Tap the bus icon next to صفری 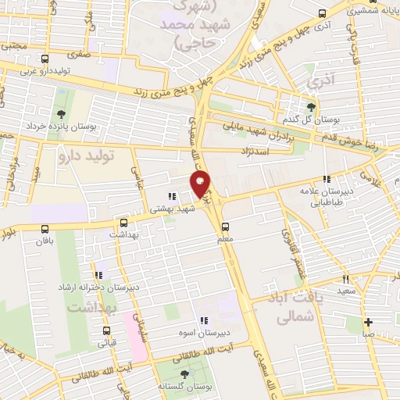(x=45, y=59)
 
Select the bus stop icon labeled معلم (x=225, y=227)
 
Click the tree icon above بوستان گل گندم (x=312, y=107)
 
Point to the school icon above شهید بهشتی (x=171, y=197)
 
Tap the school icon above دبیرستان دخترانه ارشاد (x=98, y=275)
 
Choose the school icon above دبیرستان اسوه (x=204, y=320)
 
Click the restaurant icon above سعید (x=345, y=278)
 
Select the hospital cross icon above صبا (x=368, y=321)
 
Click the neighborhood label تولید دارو (x=86, y=156)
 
